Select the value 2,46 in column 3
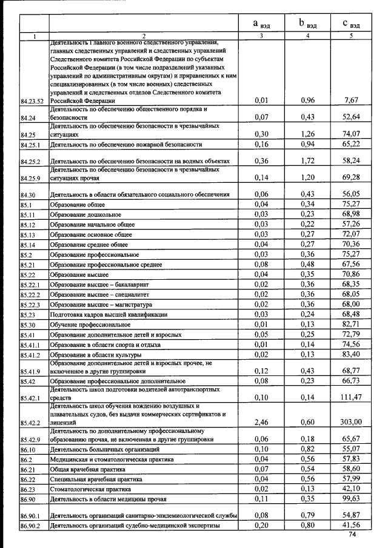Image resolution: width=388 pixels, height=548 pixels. tap(261, 421)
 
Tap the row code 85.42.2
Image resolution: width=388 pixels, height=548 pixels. tap(31, 422)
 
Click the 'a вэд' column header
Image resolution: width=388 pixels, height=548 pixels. tap(261, 24)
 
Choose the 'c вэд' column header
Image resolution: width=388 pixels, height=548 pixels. tap(351, 24)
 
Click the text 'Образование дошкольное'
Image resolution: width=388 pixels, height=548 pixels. tap(85, 215)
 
